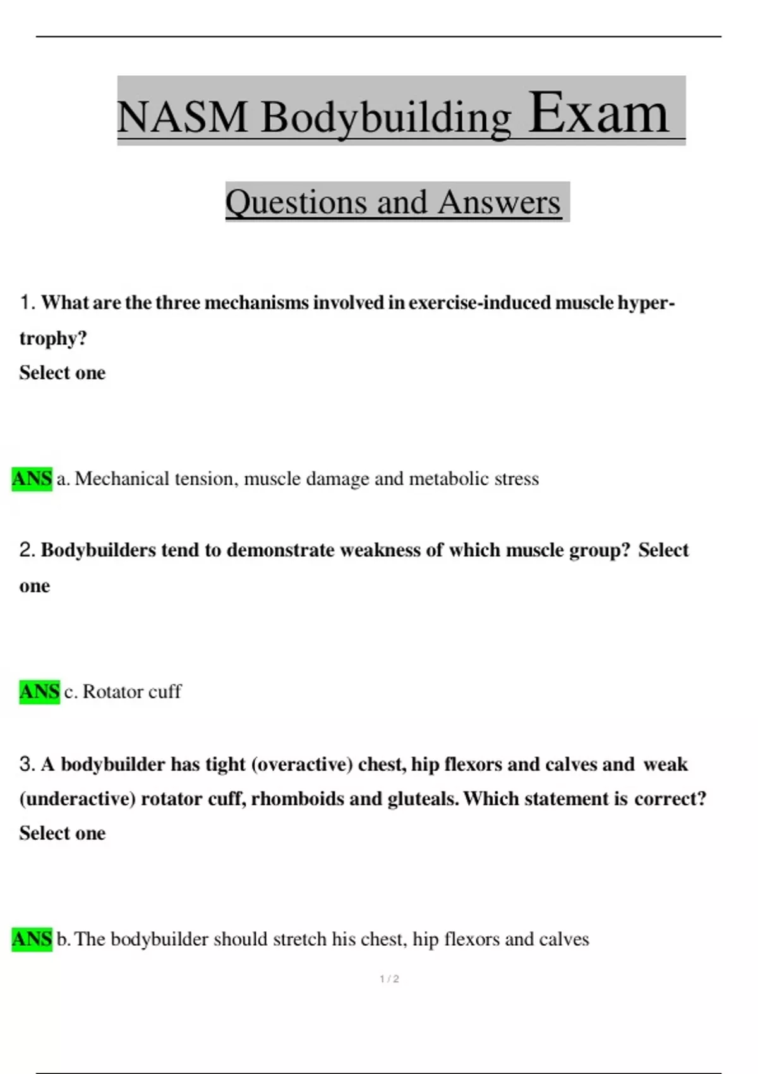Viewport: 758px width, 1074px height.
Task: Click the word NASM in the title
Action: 182,118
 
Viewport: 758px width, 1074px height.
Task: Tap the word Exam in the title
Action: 598,114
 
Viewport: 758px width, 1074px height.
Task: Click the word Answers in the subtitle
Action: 499,202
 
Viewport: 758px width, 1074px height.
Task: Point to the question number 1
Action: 27,303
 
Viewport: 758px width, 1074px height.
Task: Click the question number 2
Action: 27,550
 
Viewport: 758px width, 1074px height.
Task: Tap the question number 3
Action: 27,764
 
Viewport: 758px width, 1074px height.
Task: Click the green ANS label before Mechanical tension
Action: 32,479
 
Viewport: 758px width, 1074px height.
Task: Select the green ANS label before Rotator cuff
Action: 39,692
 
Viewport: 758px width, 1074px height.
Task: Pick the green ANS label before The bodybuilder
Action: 32,939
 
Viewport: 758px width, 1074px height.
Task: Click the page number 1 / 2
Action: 389,979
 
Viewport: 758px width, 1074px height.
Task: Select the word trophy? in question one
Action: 53,339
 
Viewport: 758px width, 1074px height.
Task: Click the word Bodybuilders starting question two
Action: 99,550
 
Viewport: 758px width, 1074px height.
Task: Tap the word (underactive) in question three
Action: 78,799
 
